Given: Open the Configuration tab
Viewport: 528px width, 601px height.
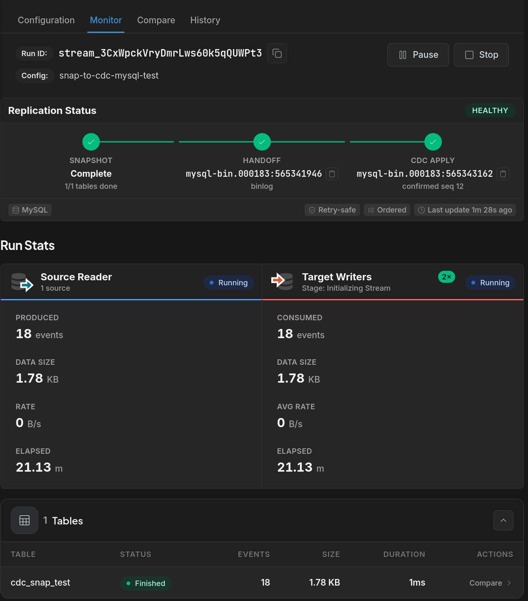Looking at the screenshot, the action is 46,20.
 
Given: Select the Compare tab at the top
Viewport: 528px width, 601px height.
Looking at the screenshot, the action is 156,20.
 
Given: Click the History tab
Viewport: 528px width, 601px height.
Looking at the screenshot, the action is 205,20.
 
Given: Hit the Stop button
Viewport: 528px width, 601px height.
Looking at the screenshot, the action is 481,55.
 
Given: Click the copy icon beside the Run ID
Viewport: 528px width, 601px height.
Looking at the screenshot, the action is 277,53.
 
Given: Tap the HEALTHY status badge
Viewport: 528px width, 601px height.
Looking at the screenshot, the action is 490,110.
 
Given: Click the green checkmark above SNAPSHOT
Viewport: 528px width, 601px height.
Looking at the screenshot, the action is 91,142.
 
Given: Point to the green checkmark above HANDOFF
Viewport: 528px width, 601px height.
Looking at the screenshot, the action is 262,142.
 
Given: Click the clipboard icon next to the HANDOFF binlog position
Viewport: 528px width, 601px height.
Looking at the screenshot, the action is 332,174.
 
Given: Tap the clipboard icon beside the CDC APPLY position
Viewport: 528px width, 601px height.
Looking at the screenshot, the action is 503,174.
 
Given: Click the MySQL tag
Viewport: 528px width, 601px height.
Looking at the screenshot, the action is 30,210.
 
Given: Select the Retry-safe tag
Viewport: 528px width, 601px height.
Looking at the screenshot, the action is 332,210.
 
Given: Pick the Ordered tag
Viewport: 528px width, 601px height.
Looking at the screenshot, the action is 387,210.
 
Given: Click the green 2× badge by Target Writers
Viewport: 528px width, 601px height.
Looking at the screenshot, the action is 446,277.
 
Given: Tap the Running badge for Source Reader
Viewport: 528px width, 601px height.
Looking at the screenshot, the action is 228,283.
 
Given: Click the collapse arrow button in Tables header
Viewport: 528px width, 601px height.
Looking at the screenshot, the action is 503,520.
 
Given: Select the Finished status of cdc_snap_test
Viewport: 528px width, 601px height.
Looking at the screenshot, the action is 146,583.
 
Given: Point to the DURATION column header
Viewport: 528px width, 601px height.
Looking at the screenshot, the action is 404,554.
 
